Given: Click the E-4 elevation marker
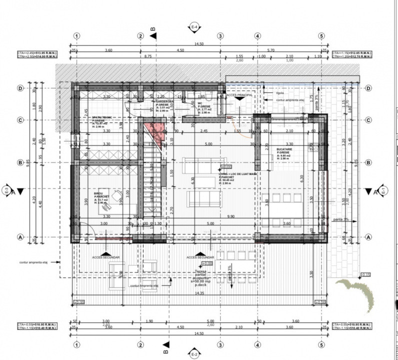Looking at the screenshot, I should click(195, 26).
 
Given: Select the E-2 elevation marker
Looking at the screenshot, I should click(195, 353).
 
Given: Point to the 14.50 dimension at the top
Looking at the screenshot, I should click(199, 43).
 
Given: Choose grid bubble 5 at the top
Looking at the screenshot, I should click(321, 36).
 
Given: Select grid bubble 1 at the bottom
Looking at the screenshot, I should click(76, 344).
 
